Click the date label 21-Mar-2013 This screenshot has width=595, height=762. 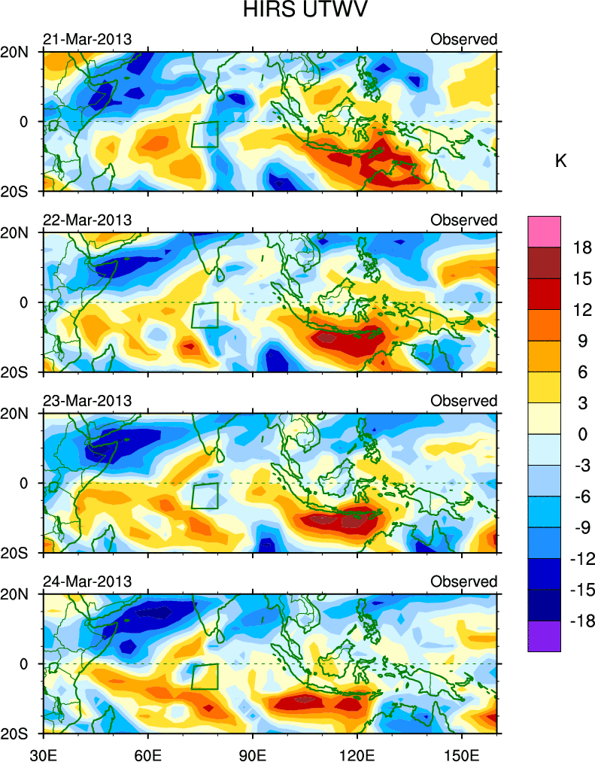point(87,39)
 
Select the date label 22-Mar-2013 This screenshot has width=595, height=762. point(87,220)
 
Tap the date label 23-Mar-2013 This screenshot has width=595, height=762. point(87,401)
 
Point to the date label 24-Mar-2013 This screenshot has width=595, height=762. point(87,581)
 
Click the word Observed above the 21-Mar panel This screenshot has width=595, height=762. point(463,39)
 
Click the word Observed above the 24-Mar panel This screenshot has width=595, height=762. point(463,581)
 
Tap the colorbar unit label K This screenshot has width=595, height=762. point(560,160)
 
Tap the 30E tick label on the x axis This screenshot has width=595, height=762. point(43,750)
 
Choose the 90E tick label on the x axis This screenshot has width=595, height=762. point(253,750)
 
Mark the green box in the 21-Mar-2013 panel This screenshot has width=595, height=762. point(205,134)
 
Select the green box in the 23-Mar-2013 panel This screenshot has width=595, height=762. point(205,496)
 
